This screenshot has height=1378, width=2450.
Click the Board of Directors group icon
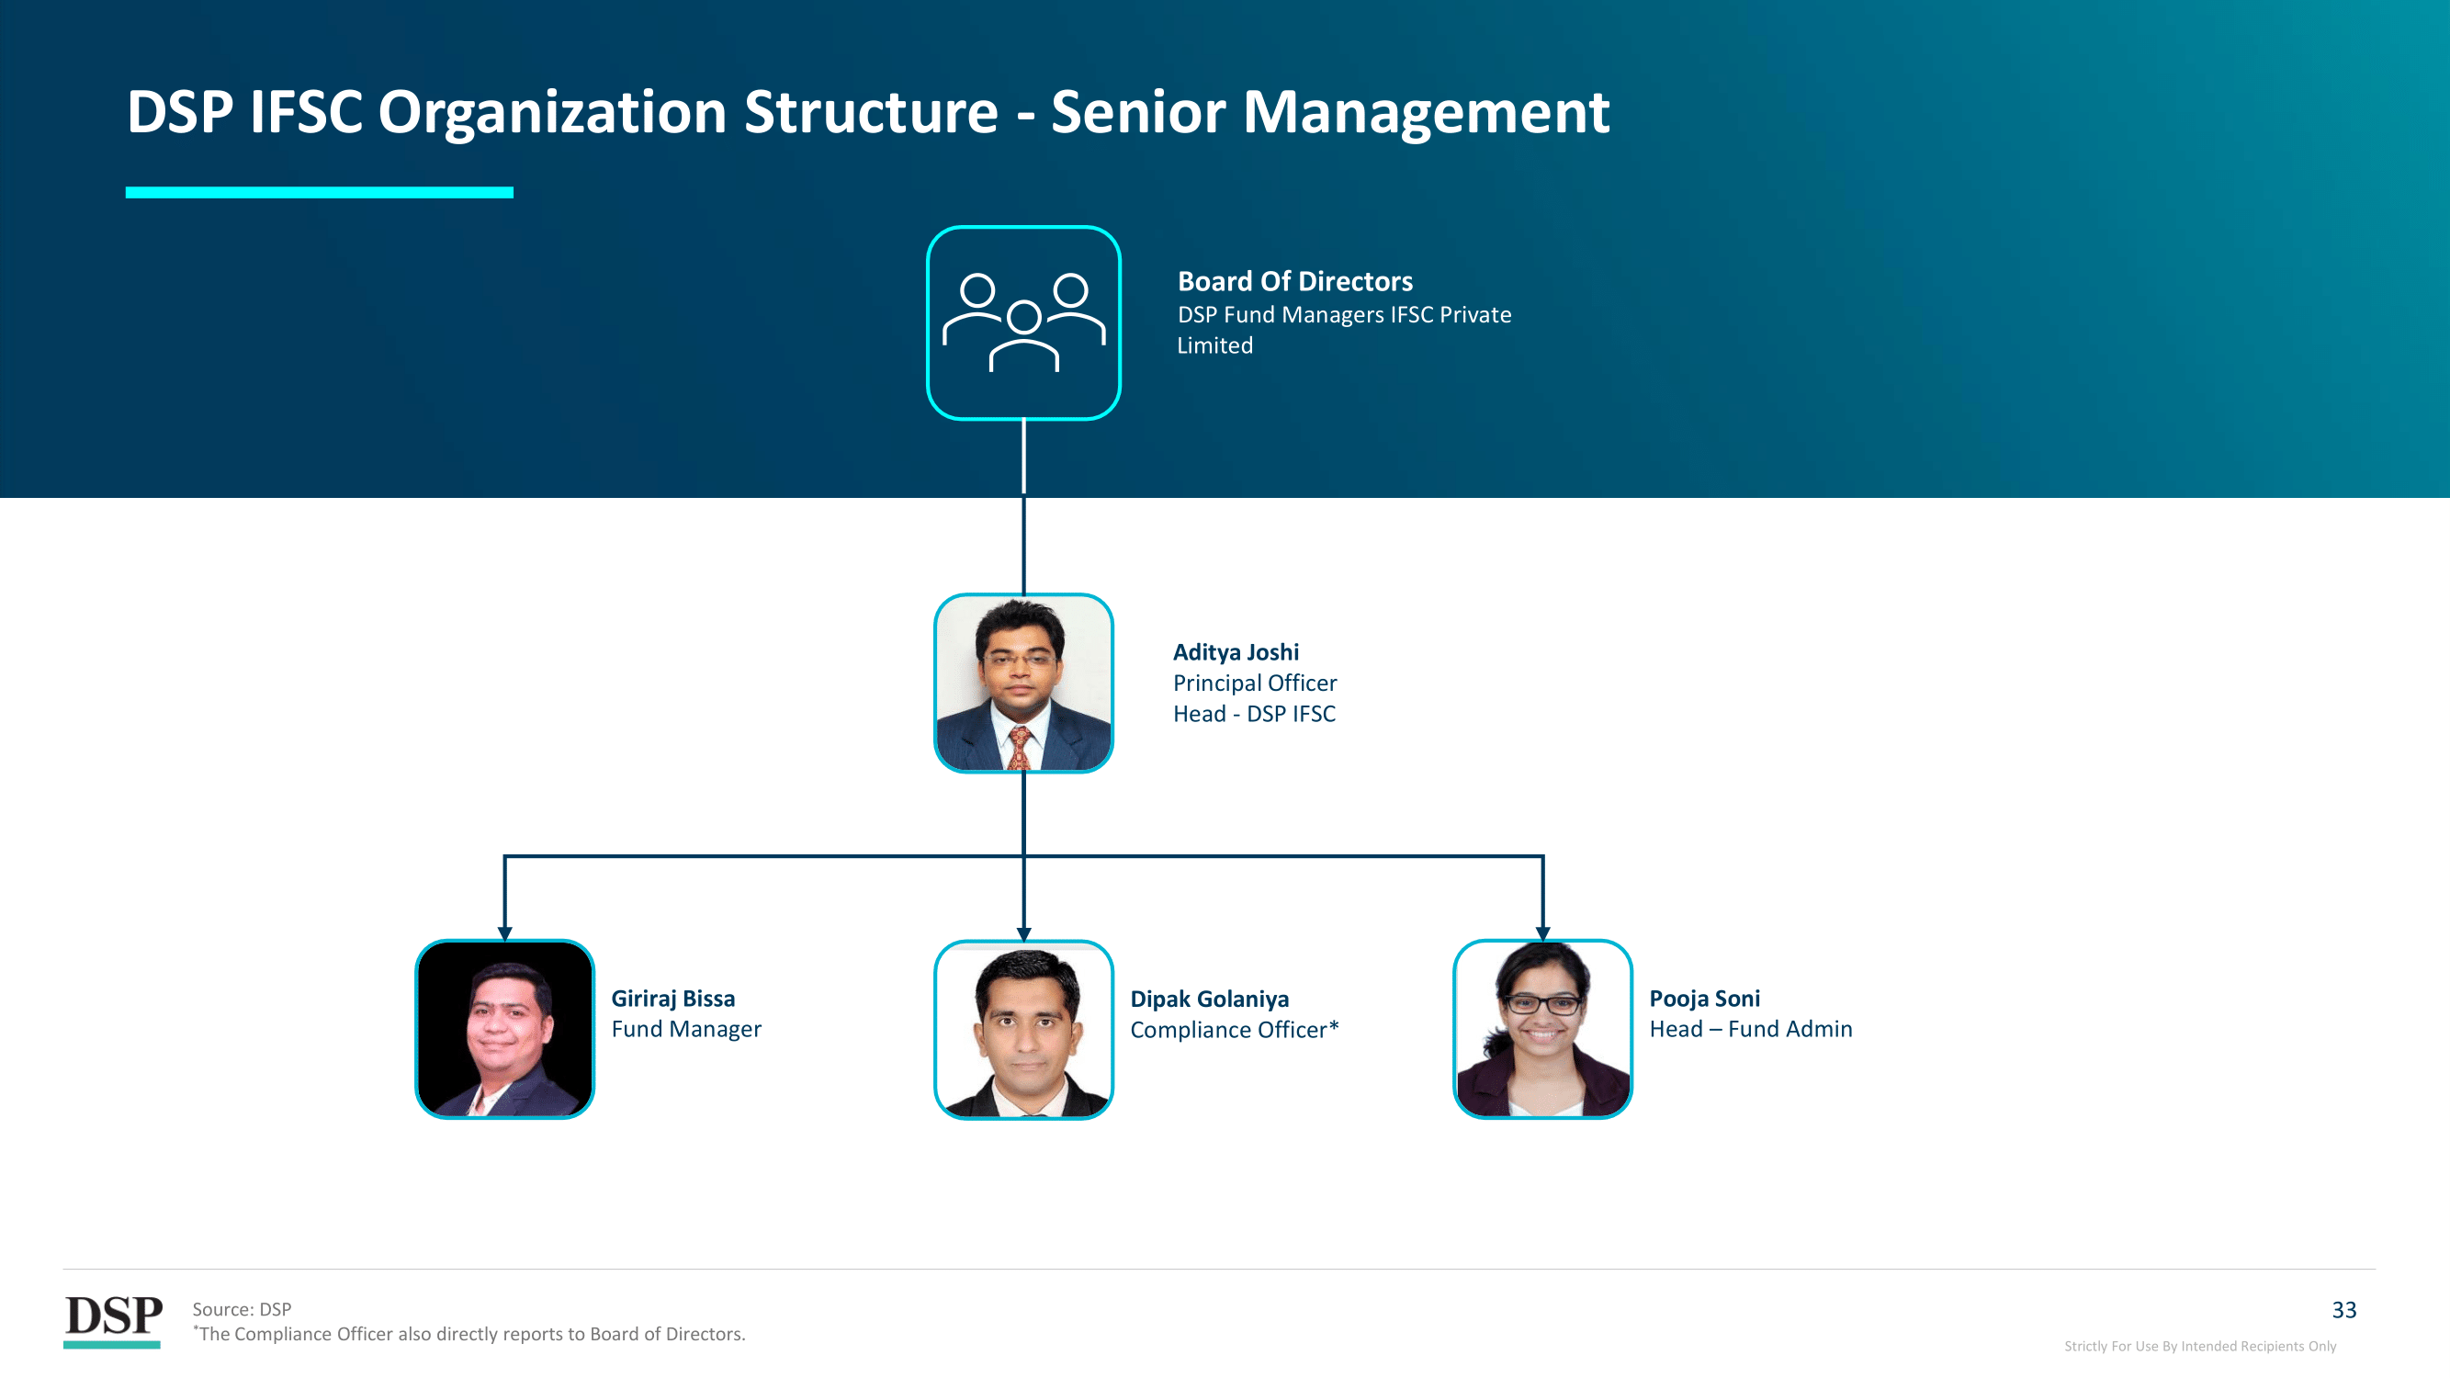[1023, 322]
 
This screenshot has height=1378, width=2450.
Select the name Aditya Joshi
[1236, 652]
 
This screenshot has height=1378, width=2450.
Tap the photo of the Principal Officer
[1023, 683]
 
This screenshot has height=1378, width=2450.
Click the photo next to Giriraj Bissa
[505, 1029]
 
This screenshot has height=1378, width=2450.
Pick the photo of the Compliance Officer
[1023, 1029]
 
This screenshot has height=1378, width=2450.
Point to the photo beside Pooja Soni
[1542, 1029]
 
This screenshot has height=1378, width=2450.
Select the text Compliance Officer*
[1235, 1030]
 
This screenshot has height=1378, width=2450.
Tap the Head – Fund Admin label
[1750, 1029]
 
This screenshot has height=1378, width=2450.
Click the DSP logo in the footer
[113, 1320]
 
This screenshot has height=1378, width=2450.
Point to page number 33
[2343, 1311]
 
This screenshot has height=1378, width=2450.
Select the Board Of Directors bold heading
[1294, 281]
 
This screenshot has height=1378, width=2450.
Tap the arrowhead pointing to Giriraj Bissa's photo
[505, 934]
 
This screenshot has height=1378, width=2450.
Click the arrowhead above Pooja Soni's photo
[1542, 934]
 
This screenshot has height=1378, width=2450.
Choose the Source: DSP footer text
[242, 1309]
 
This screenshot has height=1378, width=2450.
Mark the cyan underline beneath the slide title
[320, 192]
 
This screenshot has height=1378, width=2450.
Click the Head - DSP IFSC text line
[1254, 714]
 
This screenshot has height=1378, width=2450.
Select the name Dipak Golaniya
[1209, 1000]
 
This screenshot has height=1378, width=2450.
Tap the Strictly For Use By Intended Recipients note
[2200, 1346]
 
